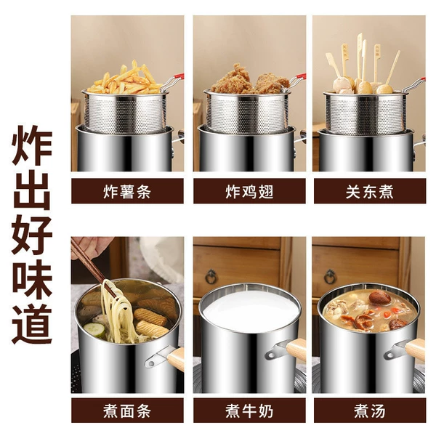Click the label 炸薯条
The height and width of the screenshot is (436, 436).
coord(127,192)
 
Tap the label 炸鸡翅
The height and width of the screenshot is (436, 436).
coord(249,192)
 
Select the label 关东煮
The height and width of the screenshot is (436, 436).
coord(370,192)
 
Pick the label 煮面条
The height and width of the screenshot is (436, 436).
coord(127,411)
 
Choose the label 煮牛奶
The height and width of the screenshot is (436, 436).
coord(249,411)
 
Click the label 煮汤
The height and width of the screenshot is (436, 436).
coord(370,411)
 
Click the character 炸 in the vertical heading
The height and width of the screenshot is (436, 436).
coord(32,145)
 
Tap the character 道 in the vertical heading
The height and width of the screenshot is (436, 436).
coord(32,324)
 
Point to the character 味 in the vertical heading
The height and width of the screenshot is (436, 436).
coord(32,280)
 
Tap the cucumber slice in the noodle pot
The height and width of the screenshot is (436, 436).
coord(94,330)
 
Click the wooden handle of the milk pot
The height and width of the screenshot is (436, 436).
coord(296,351)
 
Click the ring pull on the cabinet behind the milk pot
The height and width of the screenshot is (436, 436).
coord(211,277)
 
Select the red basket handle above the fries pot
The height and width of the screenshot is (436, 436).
coord(179,77)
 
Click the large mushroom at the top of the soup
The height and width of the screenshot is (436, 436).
coord(379,298)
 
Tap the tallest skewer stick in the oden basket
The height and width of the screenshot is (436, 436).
coord(360,56)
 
